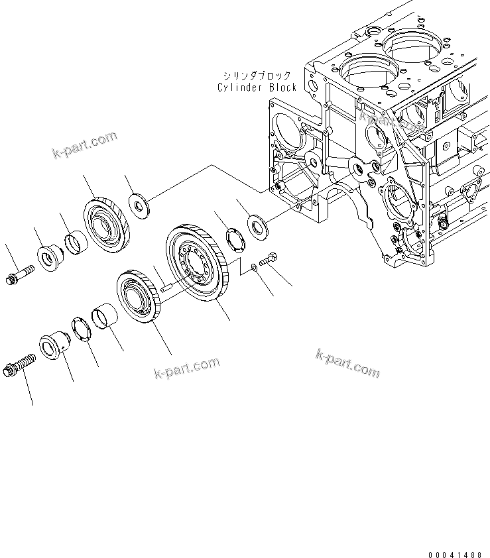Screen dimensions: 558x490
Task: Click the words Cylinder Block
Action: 257,87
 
